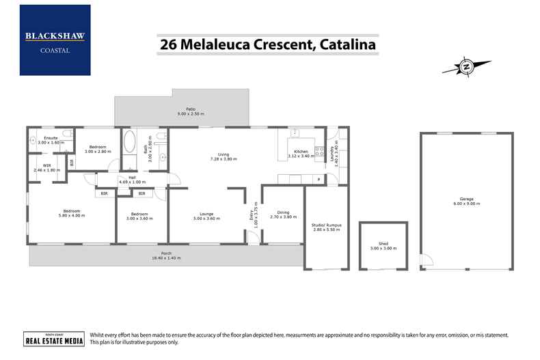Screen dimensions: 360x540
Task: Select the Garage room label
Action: (x=467, y=199)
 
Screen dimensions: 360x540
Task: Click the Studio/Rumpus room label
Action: (x=325, y=225)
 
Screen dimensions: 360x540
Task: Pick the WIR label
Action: (x=47, y=165)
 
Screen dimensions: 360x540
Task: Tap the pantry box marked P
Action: (x=318, y=179)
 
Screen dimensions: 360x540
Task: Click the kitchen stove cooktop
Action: (x=319, y=150)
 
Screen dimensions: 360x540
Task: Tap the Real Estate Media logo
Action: (x=44, y=340)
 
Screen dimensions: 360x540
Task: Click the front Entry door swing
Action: (x=252, y=237)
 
